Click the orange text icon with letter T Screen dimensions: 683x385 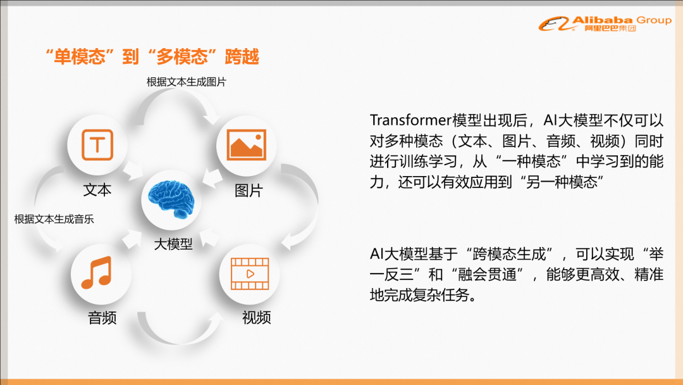tap(97, 145)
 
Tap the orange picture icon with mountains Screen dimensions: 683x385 tap(246, 145)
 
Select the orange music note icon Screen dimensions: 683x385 tap(97, 272)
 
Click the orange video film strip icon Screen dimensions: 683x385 tap(250, 274)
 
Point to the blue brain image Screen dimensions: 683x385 tap(171, 199)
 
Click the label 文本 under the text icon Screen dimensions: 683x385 tap(97, 190)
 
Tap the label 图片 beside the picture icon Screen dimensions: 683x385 tap(249, 191)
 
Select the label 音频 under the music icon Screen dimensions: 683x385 tap(102, 318)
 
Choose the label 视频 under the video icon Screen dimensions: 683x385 tap(257, 317)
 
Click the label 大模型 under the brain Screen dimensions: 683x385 tap(173, 244)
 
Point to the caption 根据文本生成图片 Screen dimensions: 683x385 tap(187, 82)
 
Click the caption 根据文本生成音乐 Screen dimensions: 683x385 tap(54, 219)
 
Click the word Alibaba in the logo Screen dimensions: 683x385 tap(602, 20)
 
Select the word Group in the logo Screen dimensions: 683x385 tap(654, 20)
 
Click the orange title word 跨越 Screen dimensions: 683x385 tap(242, 57)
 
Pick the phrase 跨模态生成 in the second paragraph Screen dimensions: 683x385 tap(509, 254)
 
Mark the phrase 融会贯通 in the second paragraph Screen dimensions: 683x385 tap(487, 275)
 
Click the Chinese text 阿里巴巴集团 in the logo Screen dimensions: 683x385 tap(610, 28)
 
